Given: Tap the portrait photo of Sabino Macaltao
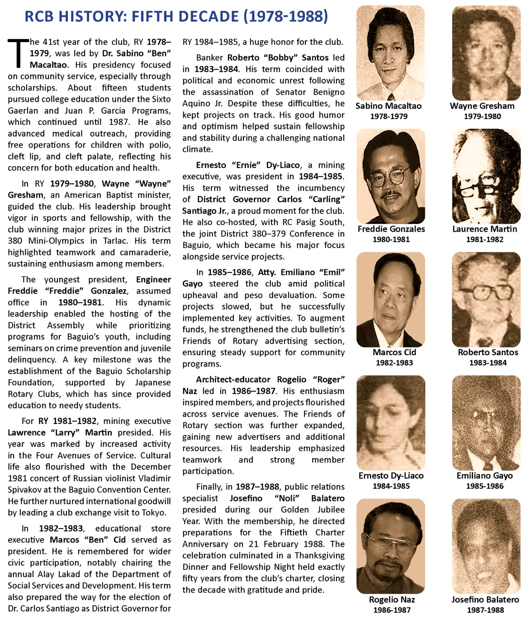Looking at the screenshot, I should coord(390,53).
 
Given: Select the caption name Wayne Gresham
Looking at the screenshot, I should coord(482,106).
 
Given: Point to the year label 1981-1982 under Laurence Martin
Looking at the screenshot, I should coord(484,239).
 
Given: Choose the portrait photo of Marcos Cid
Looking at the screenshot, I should coord(390,300).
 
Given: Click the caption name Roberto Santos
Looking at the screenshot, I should coord(488,352).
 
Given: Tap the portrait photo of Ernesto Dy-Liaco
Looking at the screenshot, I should coord(390,423).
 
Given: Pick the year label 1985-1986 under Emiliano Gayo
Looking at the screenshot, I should coord(484,486).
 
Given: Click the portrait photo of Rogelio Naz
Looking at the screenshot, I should coord(390,546).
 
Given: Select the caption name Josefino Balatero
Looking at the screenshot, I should coord(485,600).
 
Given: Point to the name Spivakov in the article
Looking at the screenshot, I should coord(26,490).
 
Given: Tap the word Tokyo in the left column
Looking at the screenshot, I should coord(153,513).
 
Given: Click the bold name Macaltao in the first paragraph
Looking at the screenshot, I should coord(48,65).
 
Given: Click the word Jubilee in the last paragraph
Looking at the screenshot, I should coord(331,510).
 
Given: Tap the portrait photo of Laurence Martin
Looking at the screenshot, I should coord(486,176).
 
